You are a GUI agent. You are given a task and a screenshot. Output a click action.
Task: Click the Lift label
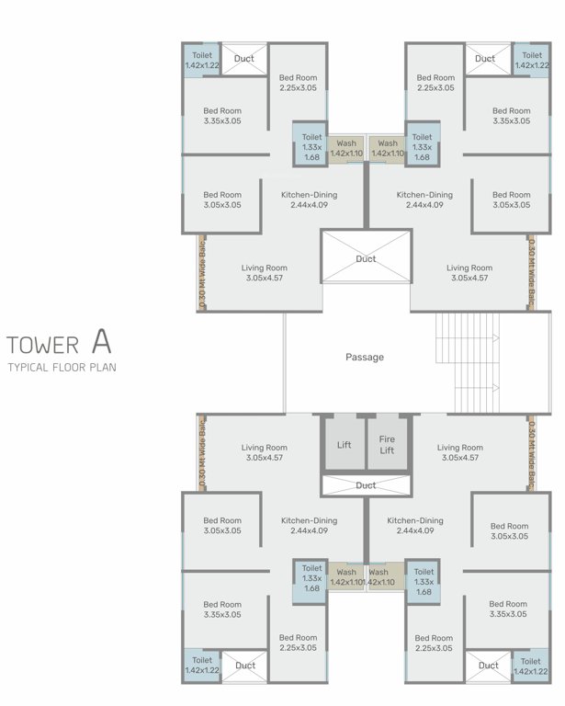343,445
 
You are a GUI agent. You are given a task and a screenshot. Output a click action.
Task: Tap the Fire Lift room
387,444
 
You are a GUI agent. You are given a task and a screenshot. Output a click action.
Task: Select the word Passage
365,357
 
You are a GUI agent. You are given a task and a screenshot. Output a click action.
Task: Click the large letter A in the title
101,343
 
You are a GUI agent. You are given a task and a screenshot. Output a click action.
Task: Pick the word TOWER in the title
42,346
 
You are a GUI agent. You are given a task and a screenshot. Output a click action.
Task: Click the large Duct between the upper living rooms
366,260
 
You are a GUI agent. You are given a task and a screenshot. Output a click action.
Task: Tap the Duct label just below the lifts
366,485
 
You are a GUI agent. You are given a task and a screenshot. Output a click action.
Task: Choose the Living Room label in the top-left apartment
264,273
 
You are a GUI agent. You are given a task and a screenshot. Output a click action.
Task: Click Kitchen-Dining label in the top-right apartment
424,199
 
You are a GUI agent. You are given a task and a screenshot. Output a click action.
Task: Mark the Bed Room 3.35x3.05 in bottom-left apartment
222,609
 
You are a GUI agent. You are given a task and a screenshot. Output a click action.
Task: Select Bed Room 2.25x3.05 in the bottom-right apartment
435,643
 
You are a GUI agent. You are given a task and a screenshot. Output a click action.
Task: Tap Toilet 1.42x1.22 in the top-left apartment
201,61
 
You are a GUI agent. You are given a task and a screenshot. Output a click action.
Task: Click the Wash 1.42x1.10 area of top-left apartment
345,148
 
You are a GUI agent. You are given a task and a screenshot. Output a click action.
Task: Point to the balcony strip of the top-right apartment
531,273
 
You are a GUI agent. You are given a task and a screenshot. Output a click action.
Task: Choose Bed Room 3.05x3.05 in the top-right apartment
511,199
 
